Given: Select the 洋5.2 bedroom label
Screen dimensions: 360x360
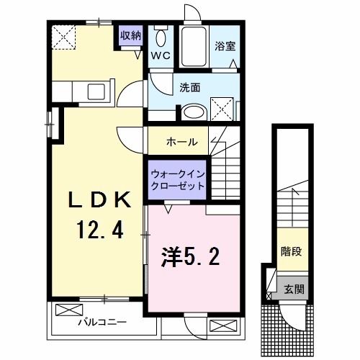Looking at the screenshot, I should click(185, 256).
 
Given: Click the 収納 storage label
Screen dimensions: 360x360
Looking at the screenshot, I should click(130, 35).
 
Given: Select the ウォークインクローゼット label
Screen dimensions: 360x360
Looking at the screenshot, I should click(177, 179).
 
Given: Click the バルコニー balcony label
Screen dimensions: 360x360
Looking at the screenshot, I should click(103, 323).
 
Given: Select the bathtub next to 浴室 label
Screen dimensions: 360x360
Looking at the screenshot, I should click(193, 47).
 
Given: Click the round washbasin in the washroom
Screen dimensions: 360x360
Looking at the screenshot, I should click(192, 112).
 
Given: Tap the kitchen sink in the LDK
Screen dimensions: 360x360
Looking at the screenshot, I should click(96, 92).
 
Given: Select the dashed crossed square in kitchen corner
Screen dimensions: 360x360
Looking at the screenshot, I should click(63, 35).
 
